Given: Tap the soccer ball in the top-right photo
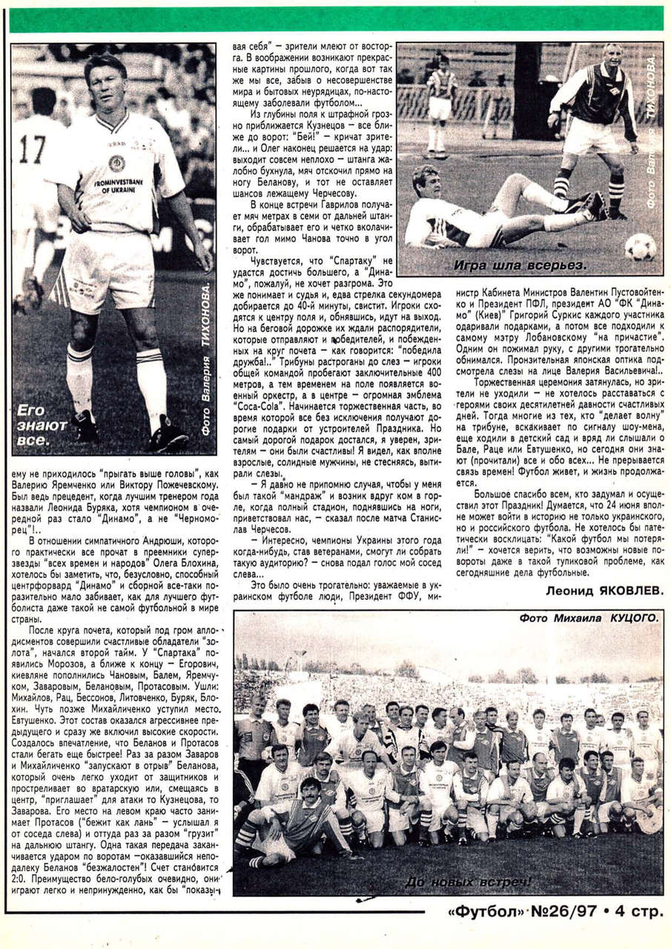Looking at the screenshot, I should tap(639, 246).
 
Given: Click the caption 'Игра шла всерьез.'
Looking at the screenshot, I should tap(520, 265).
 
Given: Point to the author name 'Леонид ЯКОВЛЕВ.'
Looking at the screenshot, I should tap(603, 590).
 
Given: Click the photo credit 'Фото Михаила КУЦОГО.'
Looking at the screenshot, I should tap(589, 618).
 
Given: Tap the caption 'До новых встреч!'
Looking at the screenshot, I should tap(469, 882).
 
